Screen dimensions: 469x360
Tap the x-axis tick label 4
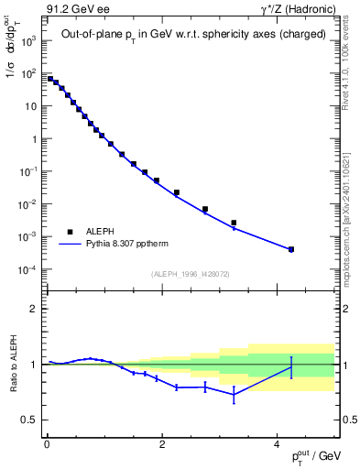(277, 446)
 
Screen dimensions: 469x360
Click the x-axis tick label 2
(161, 446)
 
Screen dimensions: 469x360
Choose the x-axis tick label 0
(47, 446)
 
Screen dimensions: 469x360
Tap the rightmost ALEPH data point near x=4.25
(290, 249)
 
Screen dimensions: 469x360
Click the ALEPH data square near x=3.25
(234, 223)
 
